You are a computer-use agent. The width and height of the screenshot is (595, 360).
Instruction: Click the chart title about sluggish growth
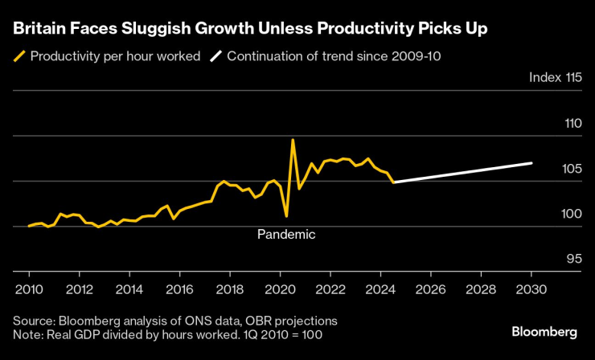249,29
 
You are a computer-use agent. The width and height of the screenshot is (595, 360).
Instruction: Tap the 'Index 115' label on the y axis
555,78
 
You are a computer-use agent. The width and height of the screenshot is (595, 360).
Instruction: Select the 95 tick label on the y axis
572,259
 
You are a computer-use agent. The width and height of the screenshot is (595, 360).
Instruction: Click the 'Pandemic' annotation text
286,235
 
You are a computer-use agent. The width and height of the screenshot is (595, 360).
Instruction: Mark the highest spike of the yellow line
292,140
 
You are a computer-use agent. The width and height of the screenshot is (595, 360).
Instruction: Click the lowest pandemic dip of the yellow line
286,216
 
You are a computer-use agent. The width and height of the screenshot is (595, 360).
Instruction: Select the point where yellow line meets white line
394,182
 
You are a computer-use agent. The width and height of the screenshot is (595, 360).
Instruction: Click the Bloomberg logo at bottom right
544,332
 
